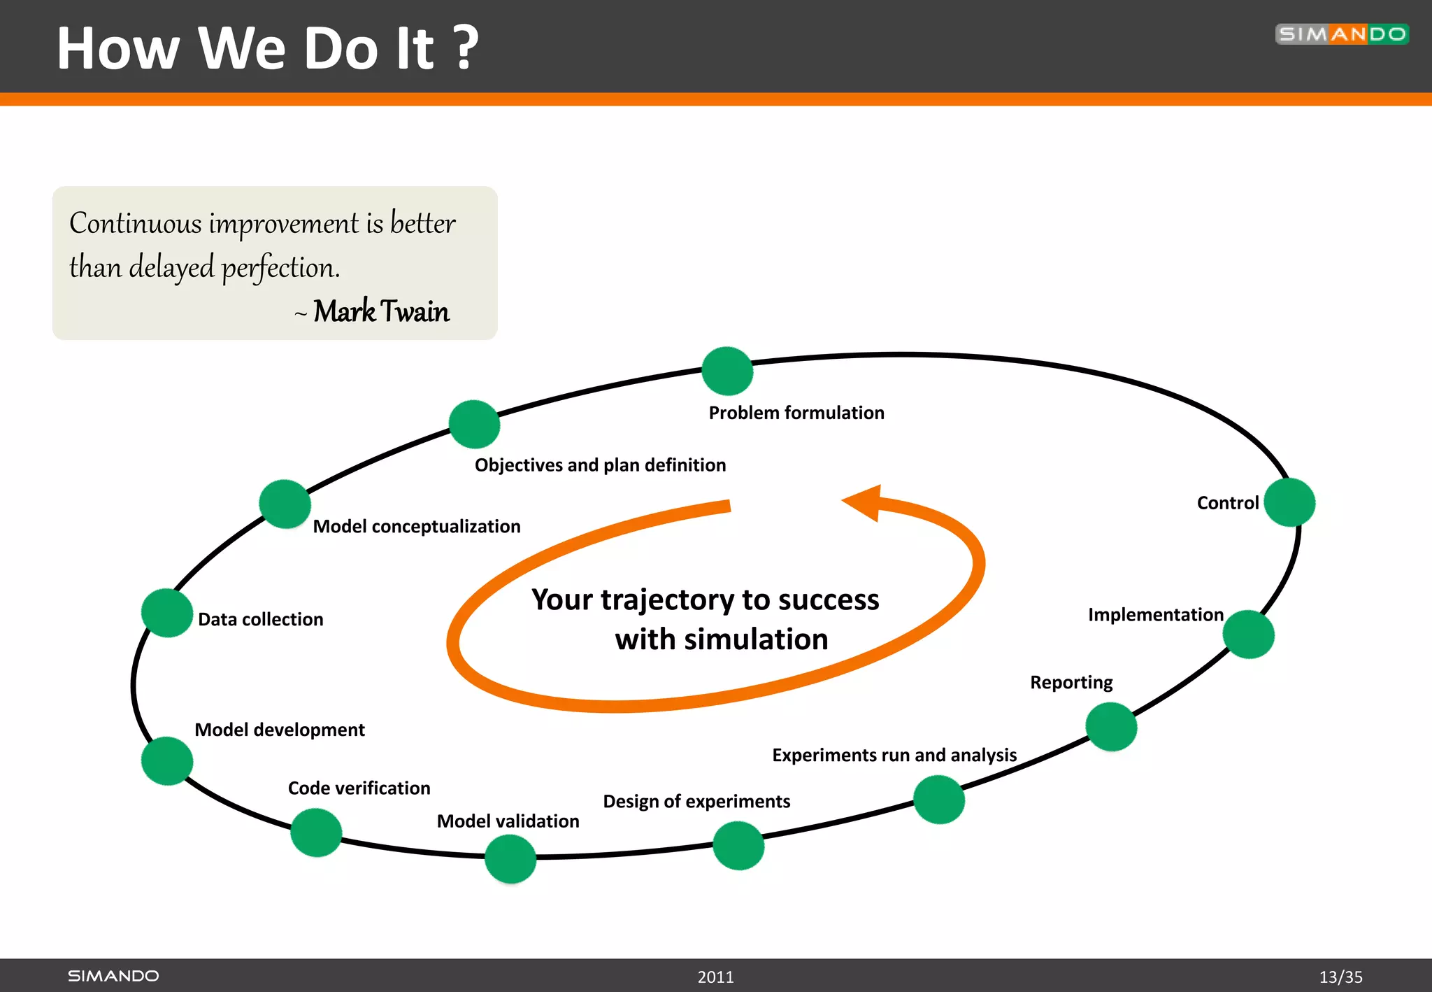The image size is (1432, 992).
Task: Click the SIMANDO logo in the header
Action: coord(1341,34)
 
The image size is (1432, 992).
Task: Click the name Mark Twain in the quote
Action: coord(381,311)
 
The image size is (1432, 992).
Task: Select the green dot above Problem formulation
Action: coord(727,371)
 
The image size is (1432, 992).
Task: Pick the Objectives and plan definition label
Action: coord(600,465)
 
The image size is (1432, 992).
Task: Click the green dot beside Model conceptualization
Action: coord(285,504)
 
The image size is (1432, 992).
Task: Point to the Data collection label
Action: coord(260,619)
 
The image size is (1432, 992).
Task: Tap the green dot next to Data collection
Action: coord(167,613)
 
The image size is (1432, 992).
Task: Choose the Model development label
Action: coord(279,730)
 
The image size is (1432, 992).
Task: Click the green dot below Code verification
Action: coord(316,832)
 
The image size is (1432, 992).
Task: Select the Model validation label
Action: coord(508,821)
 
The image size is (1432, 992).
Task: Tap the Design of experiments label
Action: coord(696,801)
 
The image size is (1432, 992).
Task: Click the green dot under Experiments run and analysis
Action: coord(939,800)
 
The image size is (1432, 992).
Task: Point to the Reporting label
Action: coord(1071,682)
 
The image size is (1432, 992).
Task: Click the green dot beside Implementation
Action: coord(1248,635)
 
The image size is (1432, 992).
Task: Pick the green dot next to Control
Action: coord(1289,502)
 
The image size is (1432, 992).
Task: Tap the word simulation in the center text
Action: coord(756,639)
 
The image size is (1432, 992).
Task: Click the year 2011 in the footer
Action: coord(715,977)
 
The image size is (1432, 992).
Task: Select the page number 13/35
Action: coord(1340,977)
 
